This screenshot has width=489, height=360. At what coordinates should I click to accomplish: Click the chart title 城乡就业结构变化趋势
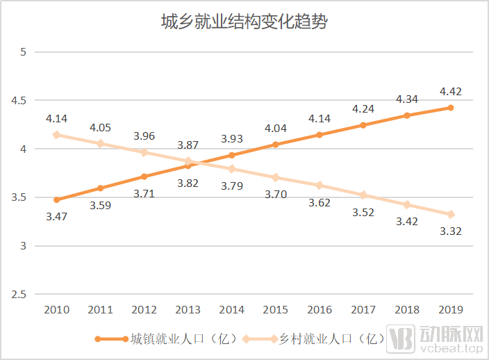[x=244, y=22]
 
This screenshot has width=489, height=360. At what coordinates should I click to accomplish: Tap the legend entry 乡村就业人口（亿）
[x=326, y=339]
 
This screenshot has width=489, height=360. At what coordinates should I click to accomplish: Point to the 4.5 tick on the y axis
[x=19, y=100]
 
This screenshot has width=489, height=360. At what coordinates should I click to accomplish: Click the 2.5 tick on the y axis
[x=19, y=295]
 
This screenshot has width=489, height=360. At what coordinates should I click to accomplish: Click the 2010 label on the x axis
[x=56, y=310]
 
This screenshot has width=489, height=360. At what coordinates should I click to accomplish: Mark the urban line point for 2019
[x=450, y=108]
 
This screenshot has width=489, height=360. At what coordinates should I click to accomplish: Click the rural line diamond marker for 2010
[x=56, y=135]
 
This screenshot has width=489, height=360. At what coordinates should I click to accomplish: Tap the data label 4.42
[x=450, y=92]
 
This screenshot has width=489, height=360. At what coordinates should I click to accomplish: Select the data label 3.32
[x=450, y=231]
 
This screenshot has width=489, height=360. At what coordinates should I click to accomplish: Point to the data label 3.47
[x=57, y=217]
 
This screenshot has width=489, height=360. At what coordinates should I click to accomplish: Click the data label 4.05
[x=100, y=127]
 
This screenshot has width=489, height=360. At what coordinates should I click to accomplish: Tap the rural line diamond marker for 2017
[x=363, y=195]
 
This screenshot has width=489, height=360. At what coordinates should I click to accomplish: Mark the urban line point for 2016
[x=319, y=135]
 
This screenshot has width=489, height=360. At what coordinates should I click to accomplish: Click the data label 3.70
[x=275, y=194]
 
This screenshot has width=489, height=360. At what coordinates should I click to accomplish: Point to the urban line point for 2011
[x=100, y=188]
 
